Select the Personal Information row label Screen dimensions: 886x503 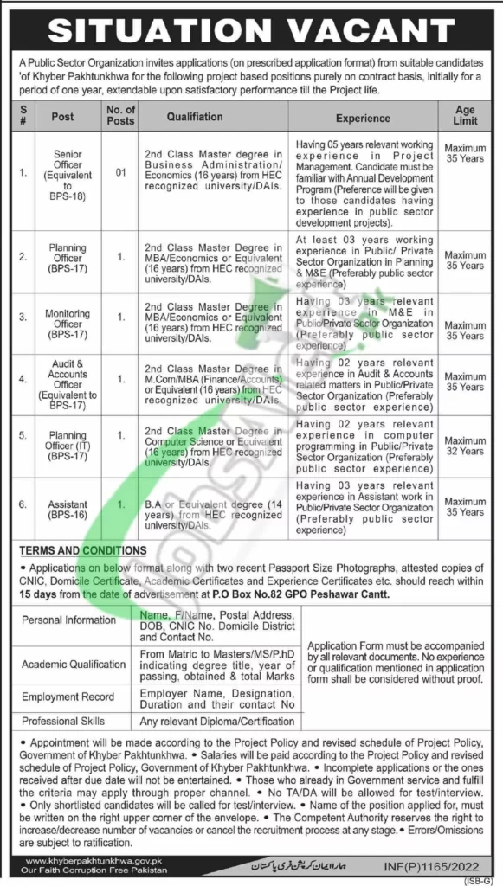click(x=68, y=620)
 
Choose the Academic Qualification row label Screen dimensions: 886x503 click(x=74, y=664)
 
